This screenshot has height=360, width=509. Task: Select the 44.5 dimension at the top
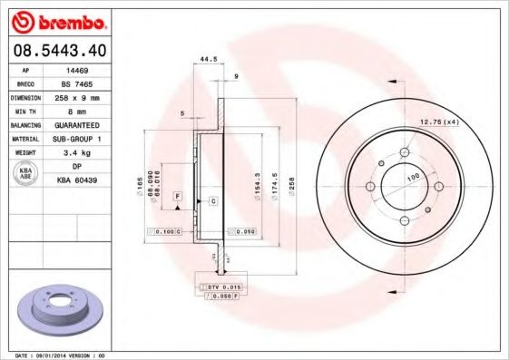click(208, 60)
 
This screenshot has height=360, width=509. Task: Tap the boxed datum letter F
click(178, 197)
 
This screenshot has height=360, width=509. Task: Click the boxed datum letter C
click(213, 199)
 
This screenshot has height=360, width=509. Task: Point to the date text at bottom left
click(54, 355)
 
